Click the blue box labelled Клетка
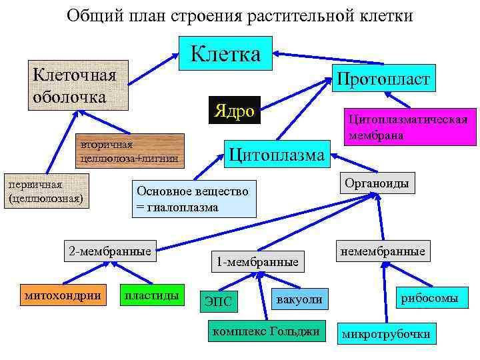[x=226, y=51]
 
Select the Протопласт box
[x=383, y=79]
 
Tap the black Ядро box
[x=235, y=111]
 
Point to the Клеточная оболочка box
[x=77, y=85]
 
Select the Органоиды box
[x=377, y=183]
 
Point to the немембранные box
[x=382, y=252]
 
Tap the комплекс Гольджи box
[x=264, y=331]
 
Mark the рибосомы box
[x=429, y=298]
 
